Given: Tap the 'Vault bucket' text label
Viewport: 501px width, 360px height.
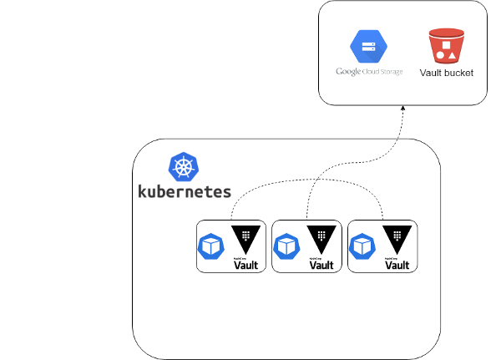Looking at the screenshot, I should [446, 74].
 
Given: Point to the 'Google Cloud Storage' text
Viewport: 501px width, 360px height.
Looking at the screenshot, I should [369, 72].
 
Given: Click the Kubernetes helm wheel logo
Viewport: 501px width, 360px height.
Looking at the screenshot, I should [184, 167].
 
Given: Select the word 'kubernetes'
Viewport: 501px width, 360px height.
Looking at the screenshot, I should [184, 190].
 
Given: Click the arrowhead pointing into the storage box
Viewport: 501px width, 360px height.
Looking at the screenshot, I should [402, 109].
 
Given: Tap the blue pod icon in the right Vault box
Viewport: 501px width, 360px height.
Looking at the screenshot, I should [363, 246].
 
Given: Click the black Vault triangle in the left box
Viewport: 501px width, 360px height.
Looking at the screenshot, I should [245, 238].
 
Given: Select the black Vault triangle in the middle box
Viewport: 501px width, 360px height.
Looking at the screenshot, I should [321, 238].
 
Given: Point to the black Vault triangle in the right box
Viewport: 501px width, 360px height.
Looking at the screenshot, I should [397, 238].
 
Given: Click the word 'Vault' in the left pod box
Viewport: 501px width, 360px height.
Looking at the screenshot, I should [245, 266].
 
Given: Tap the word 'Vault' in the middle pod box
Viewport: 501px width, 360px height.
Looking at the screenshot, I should [321, 266].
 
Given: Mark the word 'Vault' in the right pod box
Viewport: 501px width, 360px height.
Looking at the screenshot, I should [397, 266].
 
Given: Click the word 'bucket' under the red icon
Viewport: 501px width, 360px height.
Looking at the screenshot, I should [458, 74].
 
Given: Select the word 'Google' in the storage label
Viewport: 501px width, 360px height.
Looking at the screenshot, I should [347, 72].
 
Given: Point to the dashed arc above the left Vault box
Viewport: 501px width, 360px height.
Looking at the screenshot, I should [250, 188].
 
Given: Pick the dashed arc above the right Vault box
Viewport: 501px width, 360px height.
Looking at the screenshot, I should [367, 188].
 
